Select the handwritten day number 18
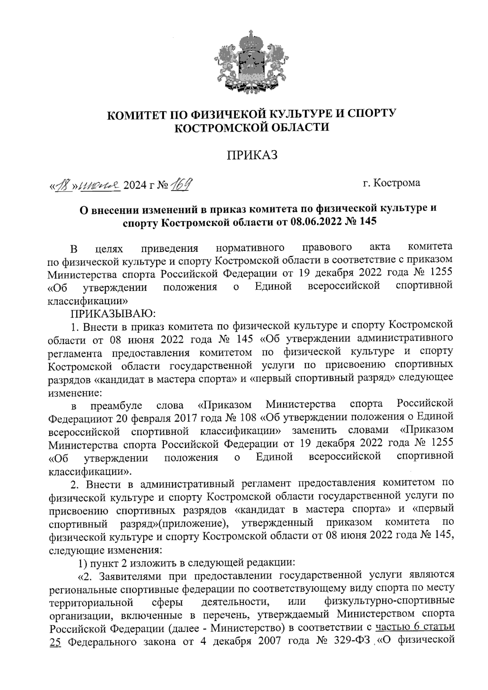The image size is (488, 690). click(x=64, y=186)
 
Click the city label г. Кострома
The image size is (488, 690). click(x=392, y=183)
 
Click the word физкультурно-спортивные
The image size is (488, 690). click(x=389, y=601)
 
